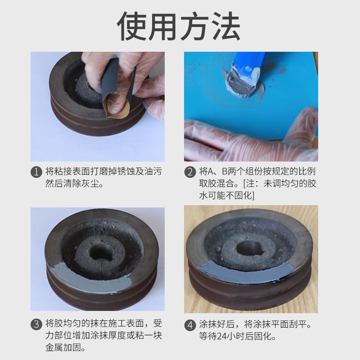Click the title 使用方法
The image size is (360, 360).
179,26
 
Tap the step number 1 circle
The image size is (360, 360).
36,172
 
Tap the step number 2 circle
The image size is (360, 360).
190,172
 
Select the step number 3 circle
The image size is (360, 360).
36,324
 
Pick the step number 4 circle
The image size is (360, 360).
190,325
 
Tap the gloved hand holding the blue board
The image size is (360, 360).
251,138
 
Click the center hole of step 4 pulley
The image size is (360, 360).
250,248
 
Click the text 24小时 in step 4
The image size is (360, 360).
230,336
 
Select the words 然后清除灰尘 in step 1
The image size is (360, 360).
72,184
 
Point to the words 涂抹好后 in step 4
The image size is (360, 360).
217,324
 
